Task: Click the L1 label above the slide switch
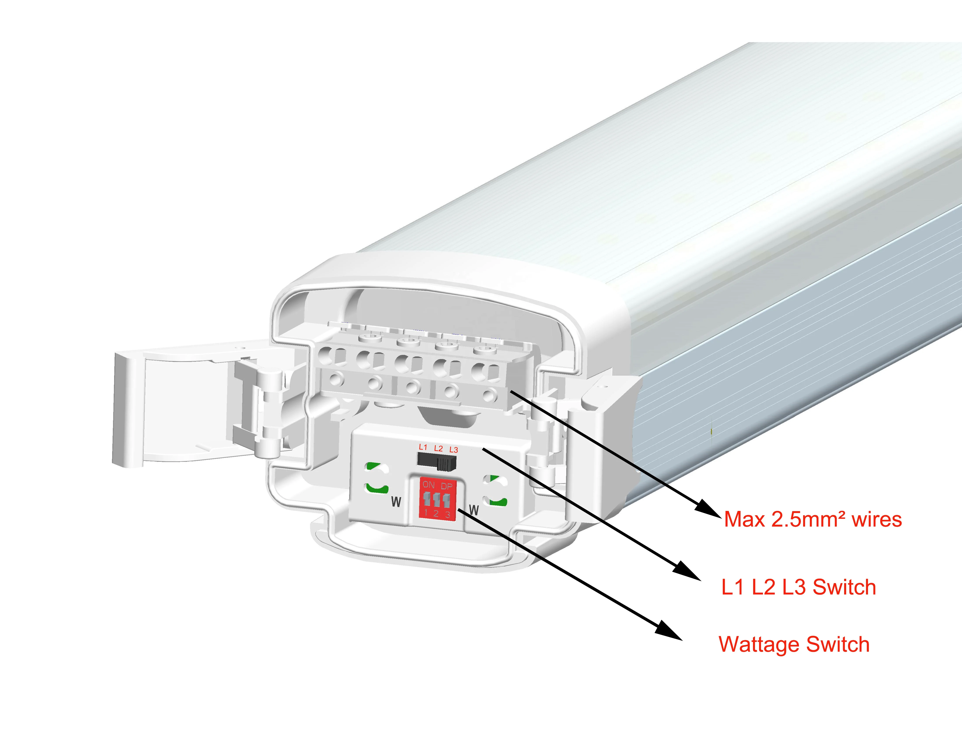[x=423, y=447]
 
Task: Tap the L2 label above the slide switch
[x=438, y=448]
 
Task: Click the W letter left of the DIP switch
[x=396, y=502]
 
